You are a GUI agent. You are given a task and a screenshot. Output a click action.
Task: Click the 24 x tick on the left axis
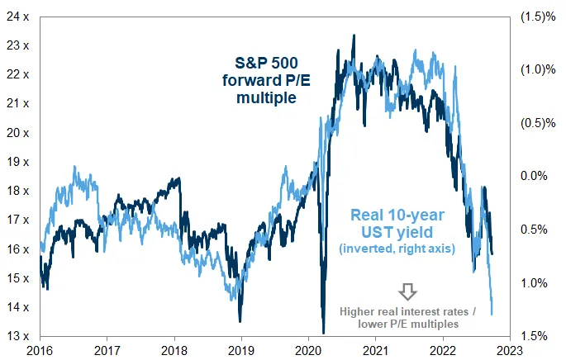(x=17, y=16)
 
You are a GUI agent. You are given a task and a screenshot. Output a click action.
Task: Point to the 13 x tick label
(x=17, y=336)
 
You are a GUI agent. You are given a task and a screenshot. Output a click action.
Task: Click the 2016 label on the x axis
(x=40, y=350)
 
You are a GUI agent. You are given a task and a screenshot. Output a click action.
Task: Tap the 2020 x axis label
(x=308, y=350)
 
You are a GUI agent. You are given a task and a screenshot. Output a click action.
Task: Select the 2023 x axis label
(x=510, y=350)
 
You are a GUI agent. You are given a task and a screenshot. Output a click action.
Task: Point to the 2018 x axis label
(x=174, y=350)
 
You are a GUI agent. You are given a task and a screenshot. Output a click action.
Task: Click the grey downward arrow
(x=408, y=291)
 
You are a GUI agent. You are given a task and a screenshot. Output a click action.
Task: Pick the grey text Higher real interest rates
(x=409, y=311)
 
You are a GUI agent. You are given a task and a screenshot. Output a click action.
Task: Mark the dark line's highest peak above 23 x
(x=354, y=36)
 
